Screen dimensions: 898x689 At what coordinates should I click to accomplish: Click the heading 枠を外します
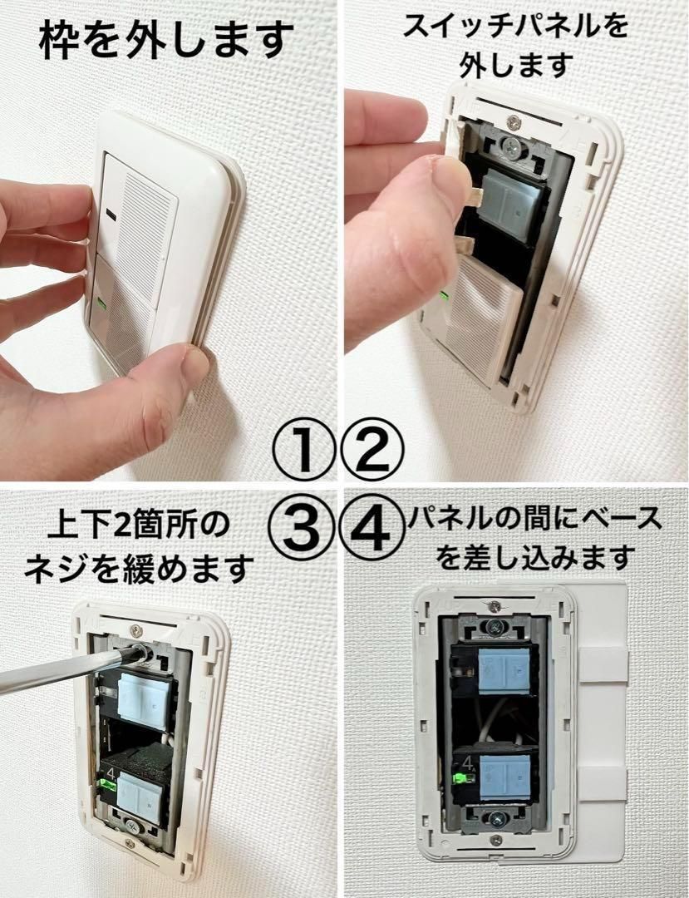(167, 38)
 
